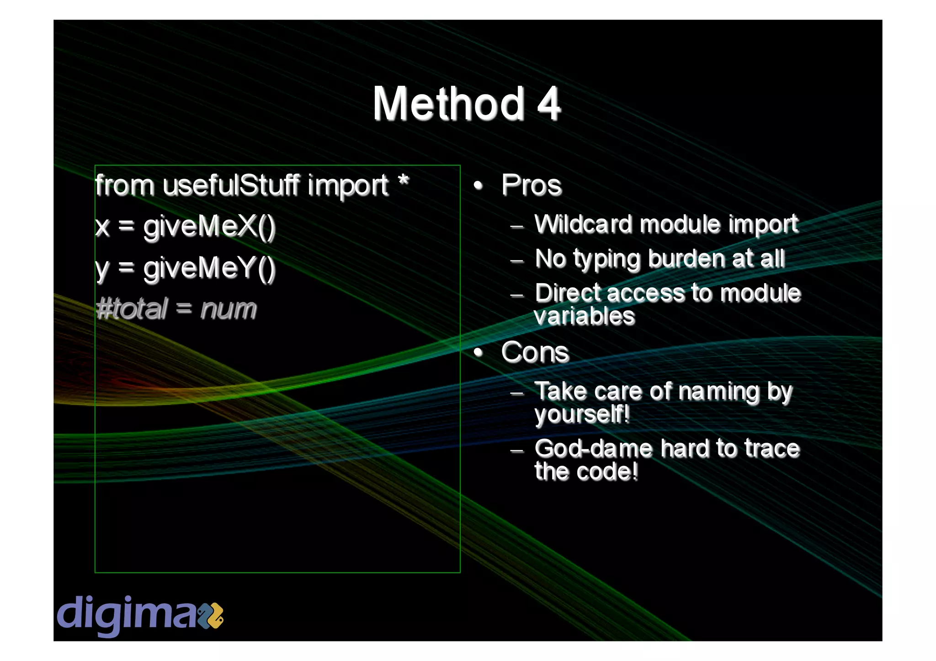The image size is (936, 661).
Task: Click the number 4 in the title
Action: (x=548, y=104)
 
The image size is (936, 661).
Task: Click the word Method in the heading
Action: (x=448, y=104)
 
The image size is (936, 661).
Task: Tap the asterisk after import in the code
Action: (x=403, y=181)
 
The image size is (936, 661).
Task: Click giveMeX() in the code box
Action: (x=209, y=227)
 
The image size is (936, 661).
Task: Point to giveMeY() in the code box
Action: (x=209, y=268)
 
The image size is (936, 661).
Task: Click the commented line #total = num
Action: (x=176, y=309)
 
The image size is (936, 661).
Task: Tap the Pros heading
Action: (x=531, y=185)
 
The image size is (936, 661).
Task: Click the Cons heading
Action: (x=535, y=352)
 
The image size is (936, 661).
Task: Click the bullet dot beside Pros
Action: (x=478, y=185)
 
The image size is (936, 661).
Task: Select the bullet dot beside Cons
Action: (x=478, y=352)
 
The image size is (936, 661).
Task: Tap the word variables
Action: (x=585, y=316)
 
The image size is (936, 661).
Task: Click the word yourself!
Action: (x=582, y=414)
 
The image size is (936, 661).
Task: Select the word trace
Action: (x=772, y=449)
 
